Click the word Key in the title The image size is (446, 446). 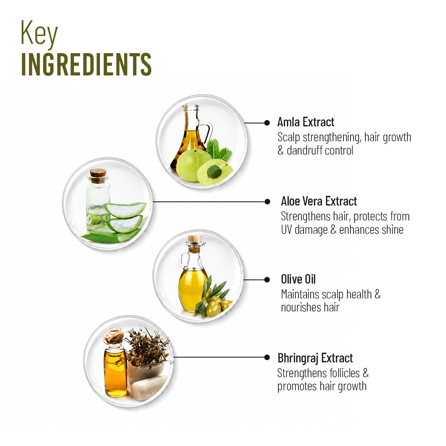pyautogui.click(x=39, y=34)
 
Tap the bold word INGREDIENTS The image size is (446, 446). pyautogui.click(x=86, y=64)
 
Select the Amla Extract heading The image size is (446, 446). pyautogui.click(x=306, y=122)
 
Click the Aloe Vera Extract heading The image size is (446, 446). pyautogui.click(x=319, y=201)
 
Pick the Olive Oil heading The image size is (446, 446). pyautogui.click(x=298, y=279)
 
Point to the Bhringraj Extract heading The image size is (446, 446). pyautogui.click(x=315, y=358)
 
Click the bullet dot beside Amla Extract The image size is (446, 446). pyautogui.click(x=267, y=123)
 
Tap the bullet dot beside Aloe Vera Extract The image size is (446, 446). pyautogui.click(x=267, y=202)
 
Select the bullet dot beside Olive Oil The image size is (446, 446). pyautogui.click(x=267, y=280)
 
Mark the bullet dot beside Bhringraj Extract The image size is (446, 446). pyautogui.click(x=267, y=357)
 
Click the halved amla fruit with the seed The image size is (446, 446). pyautogui.click(x=214, y=172)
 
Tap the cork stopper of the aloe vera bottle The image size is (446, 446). pyautogui.click(x=98, y=175)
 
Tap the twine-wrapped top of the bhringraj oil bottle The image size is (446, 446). pyautogui.click(x=114, y=337)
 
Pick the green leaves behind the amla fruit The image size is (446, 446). pyautogui.click(x=219, y=149)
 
